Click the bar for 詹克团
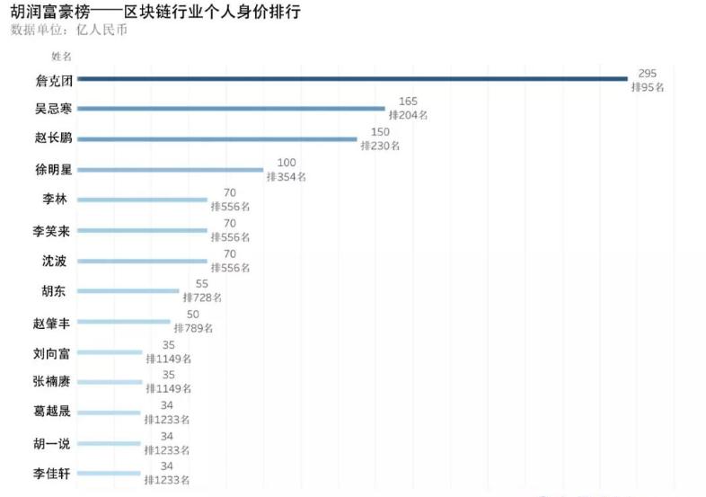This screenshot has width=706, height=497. point(352,79)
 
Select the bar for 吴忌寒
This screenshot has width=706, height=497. point(231,109)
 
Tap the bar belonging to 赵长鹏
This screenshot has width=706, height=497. point(217,139)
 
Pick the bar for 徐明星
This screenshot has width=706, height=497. point(171,170)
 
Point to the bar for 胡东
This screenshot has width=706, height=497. point(128,290)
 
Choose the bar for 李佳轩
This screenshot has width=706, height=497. point(110,473)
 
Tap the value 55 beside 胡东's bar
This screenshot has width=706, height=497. point(202,284)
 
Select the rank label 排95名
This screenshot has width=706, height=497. point(647,86)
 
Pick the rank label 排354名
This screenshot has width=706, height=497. point(287,177)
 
